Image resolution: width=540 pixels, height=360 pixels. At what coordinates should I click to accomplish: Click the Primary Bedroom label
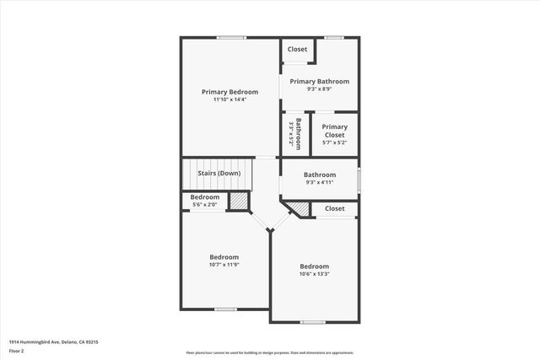coord(229,92)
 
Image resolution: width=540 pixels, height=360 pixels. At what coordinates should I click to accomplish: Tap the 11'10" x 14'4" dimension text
coord(229,99)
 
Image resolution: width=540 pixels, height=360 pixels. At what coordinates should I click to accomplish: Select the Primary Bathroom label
coord(320,82)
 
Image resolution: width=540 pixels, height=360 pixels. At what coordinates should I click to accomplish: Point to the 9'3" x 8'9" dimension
coord(320,89)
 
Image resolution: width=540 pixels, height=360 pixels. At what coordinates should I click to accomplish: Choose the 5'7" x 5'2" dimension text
coord(334,142)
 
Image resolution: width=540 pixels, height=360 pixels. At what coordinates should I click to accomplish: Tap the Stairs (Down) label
coord(219,174)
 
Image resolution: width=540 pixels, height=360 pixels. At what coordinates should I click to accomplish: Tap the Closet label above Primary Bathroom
coord(298,50)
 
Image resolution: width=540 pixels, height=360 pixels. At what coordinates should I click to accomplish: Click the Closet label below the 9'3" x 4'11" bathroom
coord(335,208)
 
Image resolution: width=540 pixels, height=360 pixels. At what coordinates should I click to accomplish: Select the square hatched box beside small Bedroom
coord(240,201)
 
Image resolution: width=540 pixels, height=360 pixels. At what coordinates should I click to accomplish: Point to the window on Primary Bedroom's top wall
coord(231,37)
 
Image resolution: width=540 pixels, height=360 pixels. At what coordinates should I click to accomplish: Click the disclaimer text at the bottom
coord(270,353)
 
